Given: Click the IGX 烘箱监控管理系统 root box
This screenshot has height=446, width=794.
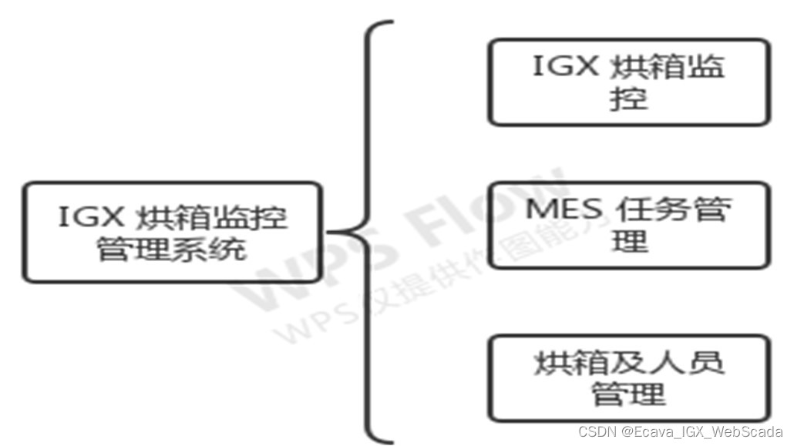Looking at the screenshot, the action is (x=171, y=232).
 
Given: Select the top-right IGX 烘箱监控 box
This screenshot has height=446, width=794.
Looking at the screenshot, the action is (x=629, y=82).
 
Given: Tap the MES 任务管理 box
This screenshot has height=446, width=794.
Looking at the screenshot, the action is (x=629, y=225).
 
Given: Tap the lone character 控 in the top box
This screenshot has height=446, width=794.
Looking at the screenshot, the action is (x=628, y=100).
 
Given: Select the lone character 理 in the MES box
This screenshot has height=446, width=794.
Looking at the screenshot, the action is (x=629, y=242).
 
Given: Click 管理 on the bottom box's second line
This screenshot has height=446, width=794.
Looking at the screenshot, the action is (x=628, y=394).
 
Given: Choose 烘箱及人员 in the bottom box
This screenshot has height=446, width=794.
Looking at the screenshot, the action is (x=629, y=361).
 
